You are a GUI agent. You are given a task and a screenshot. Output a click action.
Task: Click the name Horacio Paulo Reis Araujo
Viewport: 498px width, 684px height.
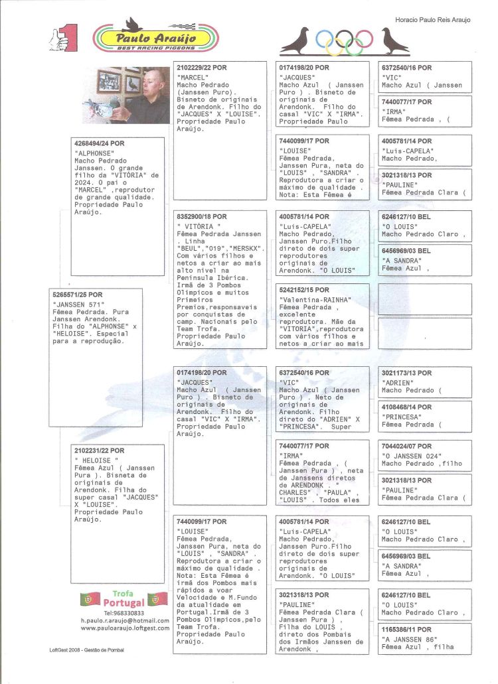(432, 20)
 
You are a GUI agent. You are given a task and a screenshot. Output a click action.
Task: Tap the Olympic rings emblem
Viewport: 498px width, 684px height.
(344, 42)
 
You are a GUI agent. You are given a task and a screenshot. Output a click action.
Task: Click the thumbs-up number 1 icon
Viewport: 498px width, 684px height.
(63, 38)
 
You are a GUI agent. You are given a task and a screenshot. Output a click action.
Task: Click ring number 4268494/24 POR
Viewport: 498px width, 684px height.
(100, 143)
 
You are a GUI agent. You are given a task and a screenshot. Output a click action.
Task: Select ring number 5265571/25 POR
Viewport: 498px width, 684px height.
(77, 295)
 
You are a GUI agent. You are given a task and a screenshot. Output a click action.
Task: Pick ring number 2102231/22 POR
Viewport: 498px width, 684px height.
(100, 450)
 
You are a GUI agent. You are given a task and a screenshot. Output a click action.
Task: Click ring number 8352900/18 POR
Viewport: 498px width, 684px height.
(202, 217)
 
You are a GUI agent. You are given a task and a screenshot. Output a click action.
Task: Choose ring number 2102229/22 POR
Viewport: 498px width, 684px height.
(202, 68)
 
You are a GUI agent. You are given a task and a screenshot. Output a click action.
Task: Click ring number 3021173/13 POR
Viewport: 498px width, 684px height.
(406, 374)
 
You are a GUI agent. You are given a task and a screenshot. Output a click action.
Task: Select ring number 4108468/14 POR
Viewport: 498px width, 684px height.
(406, 407)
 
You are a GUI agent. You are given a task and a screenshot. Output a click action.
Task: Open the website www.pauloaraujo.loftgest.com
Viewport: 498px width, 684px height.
(125, 628)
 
